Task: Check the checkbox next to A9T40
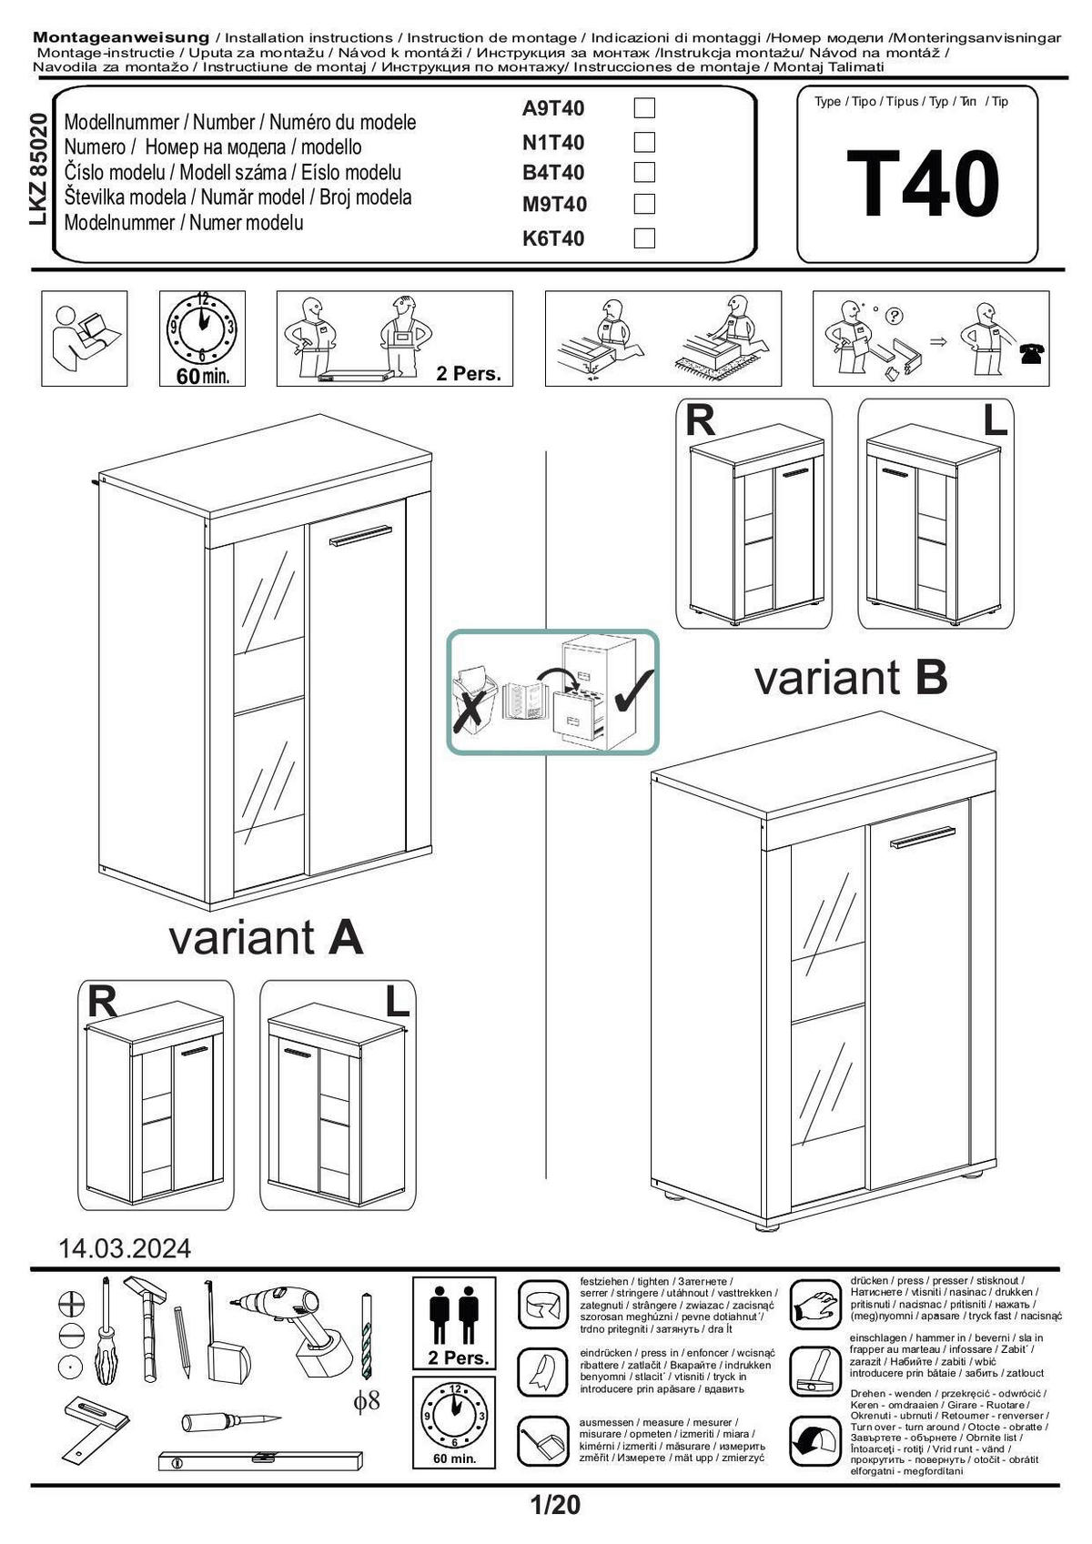click(x=643, y=108)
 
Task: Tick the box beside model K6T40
click(x=643, y=238)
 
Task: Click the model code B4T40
click(x=553, y=173)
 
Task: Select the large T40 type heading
click(x=923, y=185)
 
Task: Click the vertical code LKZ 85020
click(x=38, y=169)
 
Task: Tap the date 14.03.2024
click(x=125, y=1248)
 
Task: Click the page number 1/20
click(x=554, y=1505)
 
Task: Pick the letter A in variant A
click(x=345, y=938)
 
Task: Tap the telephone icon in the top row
click(x=1032, y=354)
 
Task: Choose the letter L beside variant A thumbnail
click(x=397, y=1003)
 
